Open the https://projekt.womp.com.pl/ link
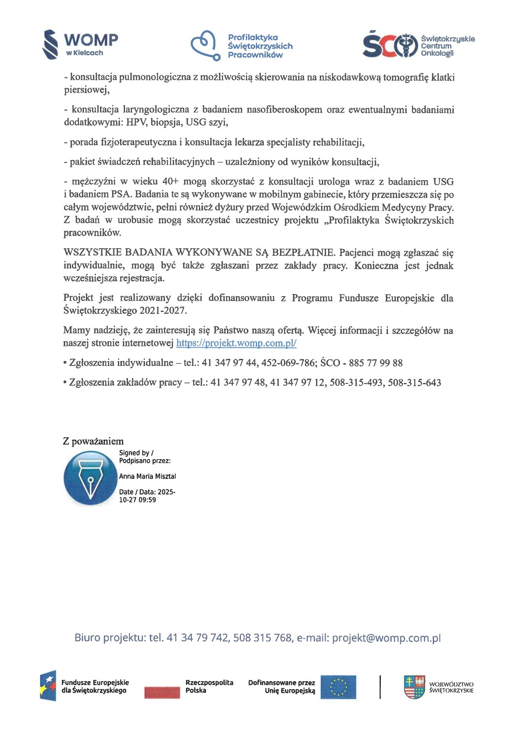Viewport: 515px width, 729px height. point(236,343)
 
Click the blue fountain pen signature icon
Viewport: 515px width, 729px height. point(90,479)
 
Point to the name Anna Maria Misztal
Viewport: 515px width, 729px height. point(147,476)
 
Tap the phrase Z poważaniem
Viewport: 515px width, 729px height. point(93,441)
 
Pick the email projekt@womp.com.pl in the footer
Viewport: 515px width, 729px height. point(386,638)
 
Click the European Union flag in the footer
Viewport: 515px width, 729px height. point(338,687)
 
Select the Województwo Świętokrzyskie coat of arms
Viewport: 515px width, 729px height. point(414,687)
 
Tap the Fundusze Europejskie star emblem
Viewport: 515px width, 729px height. point(48,686)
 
